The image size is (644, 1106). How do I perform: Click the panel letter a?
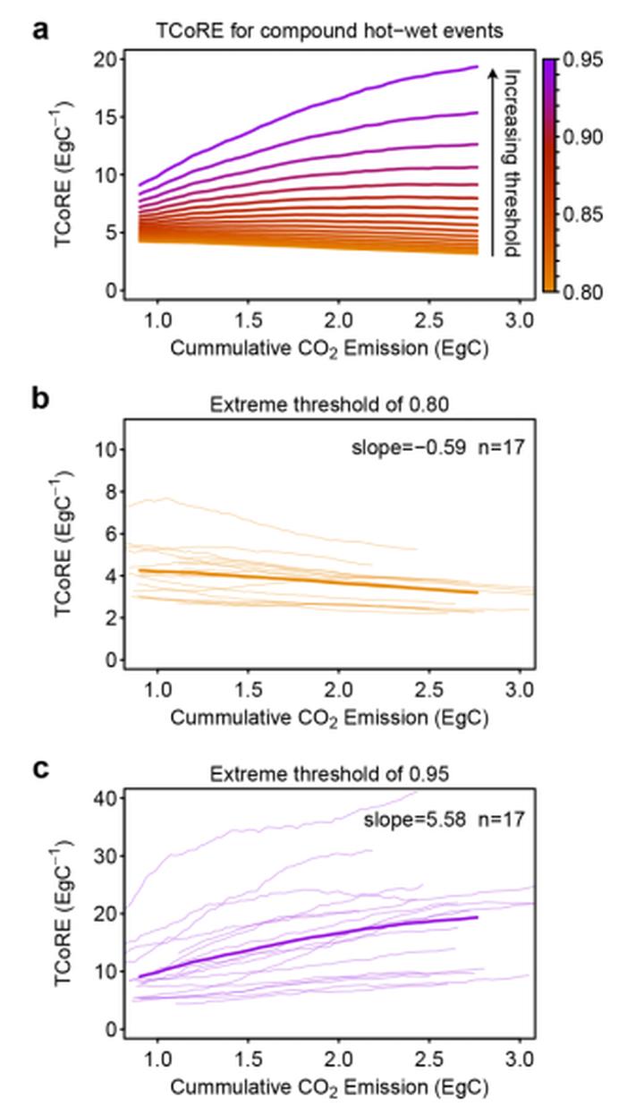pyautogui.click(x=40, y=30)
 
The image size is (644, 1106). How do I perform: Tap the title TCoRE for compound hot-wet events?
pyautogui.click(x=330, y=31)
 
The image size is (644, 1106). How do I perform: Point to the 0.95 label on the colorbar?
pyautogui.click(x=583, y=60)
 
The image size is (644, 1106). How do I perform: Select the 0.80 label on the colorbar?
pyautogui.click(x=583, y=293)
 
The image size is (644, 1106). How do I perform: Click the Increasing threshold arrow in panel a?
pyautogui.click(x=492, y=163)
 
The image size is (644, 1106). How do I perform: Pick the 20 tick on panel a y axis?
pyautogui.click(x=106, y=60)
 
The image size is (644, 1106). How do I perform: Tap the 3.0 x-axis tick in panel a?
pyautogui.click(x=520, y=321)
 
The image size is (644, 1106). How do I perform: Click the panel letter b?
pyautogui.click(x=40, y=398)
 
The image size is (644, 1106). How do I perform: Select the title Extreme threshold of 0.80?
pyautogui.click(x=329, y=404)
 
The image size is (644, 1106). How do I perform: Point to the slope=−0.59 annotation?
pyautogui.click(x=409, y=447)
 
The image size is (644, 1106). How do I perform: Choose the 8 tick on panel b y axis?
pyautogui.click(x=113, y=492)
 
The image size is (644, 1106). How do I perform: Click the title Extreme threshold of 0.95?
pyautogui.click(x=329, y=774)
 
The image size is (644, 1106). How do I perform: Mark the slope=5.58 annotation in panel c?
pyautogui.click(x=415, y=820)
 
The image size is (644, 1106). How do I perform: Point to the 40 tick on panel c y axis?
pyautogui.click(x=106, y=798)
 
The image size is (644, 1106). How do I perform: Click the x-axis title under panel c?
pyautogui.click(x=329, y=1087)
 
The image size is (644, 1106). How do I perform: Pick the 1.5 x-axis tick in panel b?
pyautogui.click(x=249, y=689)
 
